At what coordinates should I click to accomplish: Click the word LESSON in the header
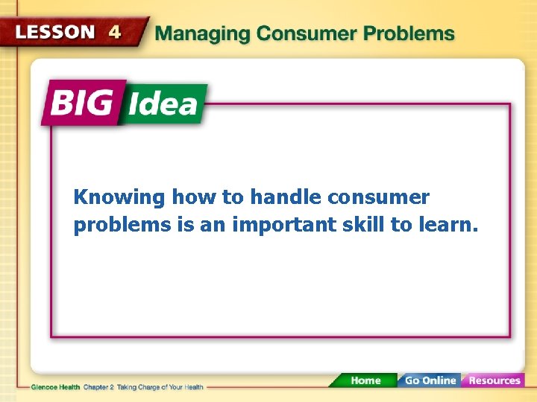click(55, 32)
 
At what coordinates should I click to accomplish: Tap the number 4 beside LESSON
click(115, 32)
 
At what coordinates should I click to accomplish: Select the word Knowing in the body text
click(119, 198)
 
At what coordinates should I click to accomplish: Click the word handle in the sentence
click(284, 198)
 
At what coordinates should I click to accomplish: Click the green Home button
click(365, 380)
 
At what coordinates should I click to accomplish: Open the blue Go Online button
click(430, 380)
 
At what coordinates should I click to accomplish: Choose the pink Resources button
click(494, 380)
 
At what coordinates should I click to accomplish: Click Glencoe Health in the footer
click(56, 387)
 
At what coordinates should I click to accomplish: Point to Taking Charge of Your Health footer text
click(158, 387)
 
